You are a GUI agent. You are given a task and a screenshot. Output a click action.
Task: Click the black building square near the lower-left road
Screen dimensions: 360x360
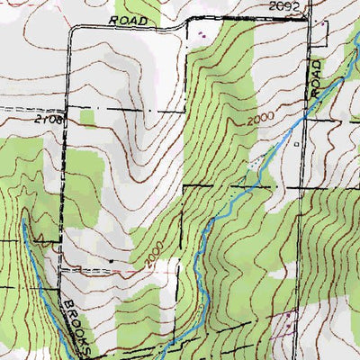[112, 261]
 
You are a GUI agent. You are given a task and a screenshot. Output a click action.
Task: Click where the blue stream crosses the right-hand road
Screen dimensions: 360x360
[304, 110]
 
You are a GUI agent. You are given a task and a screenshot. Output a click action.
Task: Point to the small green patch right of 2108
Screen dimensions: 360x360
[87, 117]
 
